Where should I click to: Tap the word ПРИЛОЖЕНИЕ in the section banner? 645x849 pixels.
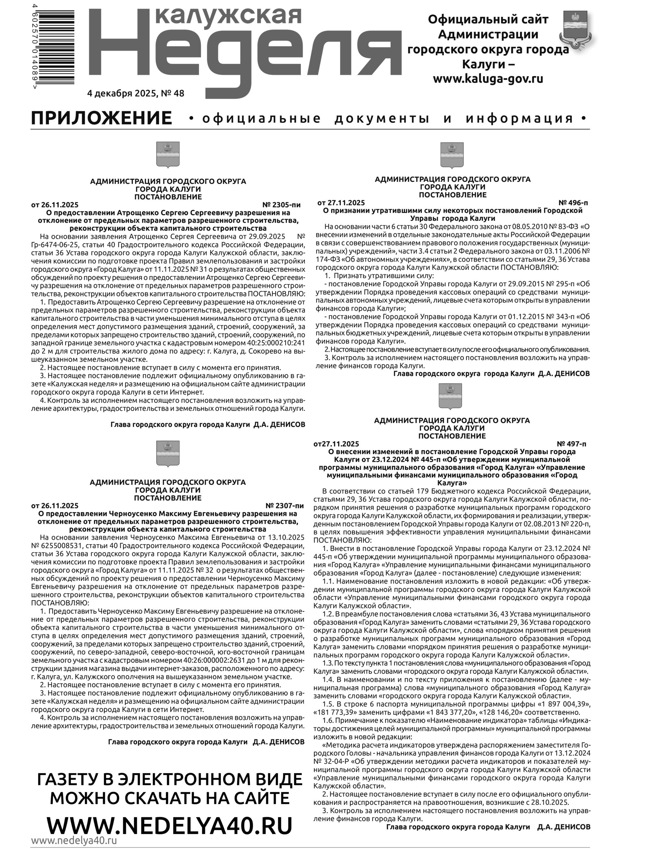(101, 118)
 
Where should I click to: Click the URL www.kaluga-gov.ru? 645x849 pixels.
(488, 79)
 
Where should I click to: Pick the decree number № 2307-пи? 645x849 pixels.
(284, 505)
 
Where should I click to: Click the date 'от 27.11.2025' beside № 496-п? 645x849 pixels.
(341, 203)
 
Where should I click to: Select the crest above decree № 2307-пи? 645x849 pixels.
(168, 454)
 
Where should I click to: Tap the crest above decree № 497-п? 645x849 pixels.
(450, 396)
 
